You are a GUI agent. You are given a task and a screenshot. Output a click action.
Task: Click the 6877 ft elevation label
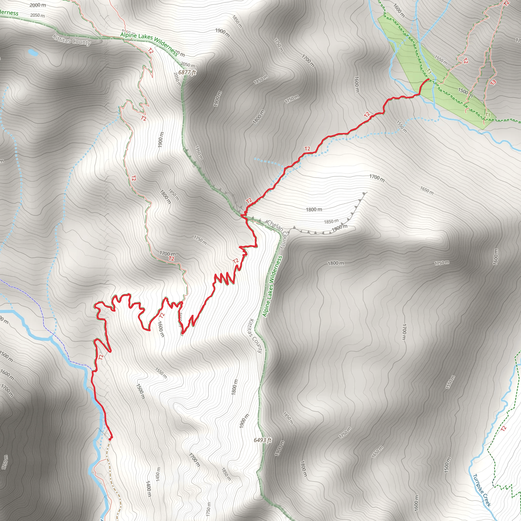187,72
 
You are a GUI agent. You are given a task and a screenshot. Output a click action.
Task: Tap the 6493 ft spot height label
262,440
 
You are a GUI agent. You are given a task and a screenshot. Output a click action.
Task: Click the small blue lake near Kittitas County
33,52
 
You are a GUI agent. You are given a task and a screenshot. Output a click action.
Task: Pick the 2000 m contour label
38,5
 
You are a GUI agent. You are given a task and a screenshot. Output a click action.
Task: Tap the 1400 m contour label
148,488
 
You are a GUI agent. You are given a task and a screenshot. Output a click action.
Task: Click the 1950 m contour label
199,153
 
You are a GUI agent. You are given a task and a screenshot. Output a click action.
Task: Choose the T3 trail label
493,82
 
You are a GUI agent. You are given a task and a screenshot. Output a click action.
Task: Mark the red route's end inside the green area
428,79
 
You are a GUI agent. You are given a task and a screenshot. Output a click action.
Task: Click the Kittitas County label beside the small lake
71,40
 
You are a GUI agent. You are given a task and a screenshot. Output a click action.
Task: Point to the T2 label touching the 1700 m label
171,259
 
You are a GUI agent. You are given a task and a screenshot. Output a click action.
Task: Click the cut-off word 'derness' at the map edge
9,12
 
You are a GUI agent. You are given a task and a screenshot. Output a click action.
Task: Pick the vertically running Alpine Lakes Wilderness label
272,286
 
